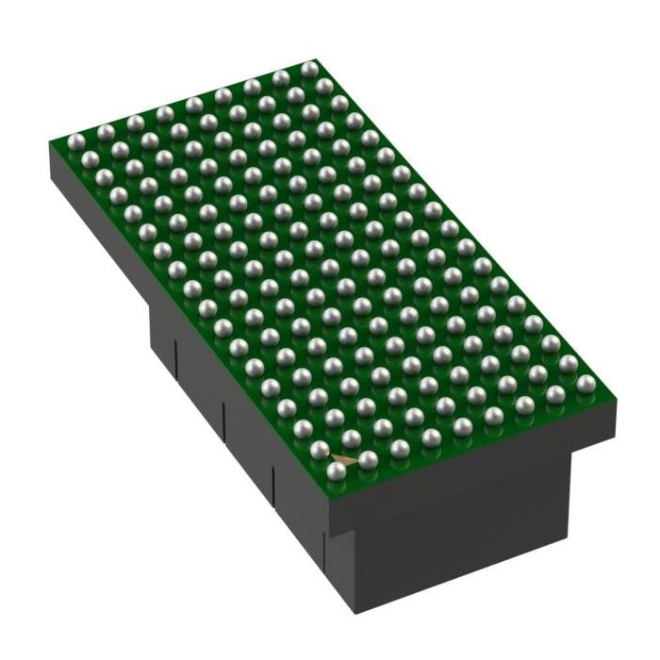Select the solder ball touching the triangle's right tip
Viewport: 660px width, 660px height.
368,459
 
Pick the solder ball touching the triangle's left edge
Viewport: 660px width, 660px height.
320,450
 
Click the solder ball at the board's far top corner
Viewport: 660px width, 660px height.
309,69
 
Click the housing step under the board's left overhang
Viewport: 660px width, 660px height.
151,311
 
